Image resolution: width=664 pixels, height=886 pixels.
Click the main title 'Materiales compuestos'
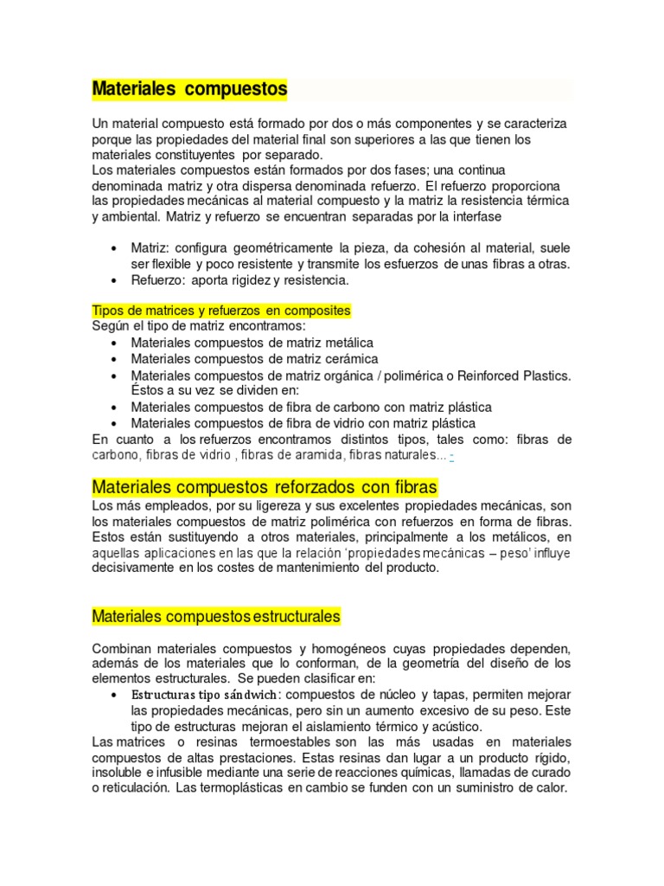coord(189,89)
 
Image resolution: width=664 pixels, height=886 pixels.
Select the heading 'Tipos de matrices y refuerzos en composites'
coord(221,310)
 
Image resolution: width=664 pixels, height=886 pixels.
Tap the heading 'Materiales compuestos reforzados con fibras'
coord(265,487)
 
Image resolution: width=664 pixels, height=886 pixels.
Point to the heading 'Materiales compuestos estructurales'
coord(216,616)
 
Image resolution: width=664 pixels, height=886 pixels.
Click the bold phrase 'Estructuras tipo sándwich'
coord(205,695)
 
